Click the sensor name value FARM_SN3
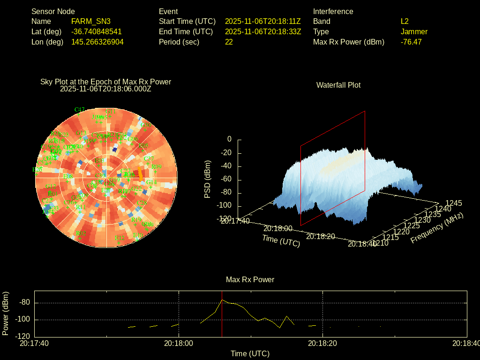tap(90, 21)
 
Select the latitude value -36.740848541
tap(96, 31)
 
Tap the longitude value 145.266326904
tap(97, 42)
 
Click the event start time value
tap(262, 21)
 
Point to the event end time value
tap(262, 31)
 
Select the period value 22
tap(229, 42)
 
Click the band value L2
tap(405, 21)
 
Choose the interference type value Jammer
tap(414, 31)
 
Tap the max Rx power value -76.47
tap(411, 42)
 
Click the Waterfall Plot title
tap(338, 85)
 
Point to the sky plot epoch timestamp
tap(105, 89)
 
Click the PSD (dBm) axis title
tap(207, 179)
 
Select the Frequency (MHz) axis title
tap(437, 228)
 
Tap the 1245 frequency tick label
tap(454, 203)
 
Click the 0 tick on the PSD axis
tap(229, 139)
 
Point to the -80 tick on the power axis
tap(24, 302)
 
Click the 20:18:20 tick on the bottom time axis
tap(322, 343)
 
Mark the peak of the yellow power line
tap(222, 300)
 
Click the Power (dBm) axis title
tap(6, 313)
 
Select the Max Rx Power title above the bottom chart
tap(250, 279)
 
